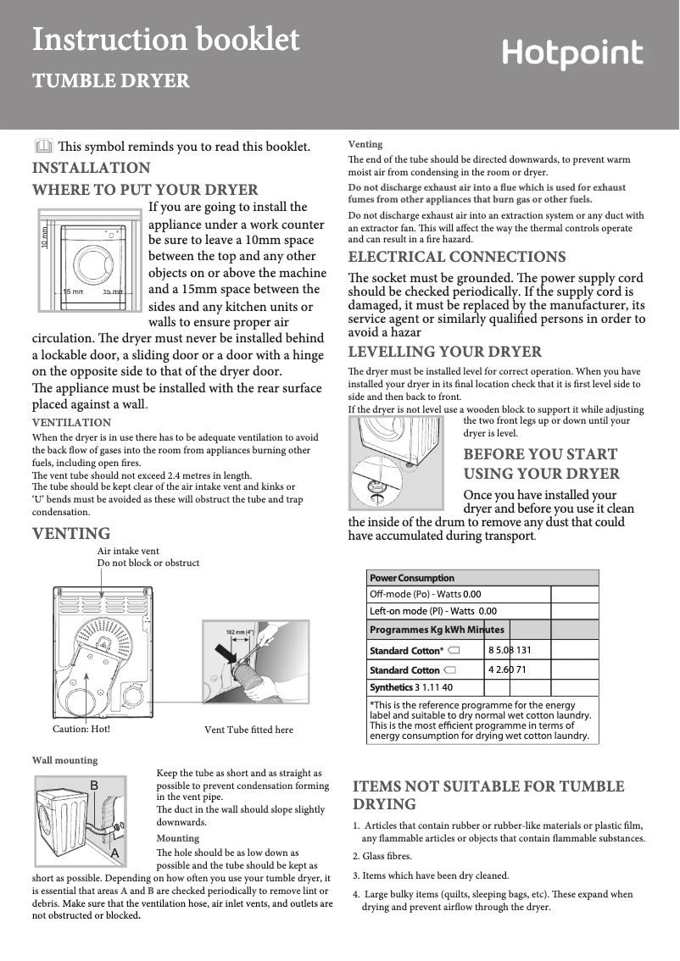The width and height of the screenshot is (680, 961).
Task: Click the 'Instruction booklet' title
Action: (x=165, y=39)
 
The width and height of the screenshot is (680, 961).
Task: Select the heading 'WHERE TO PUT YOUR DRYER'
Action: (x=145, y=190)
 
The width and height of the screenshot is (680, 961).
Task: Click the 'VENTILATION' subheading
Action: (x=71, y=422)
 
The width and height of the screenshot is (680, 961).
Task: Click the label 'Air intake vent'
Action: (x=128, y=551)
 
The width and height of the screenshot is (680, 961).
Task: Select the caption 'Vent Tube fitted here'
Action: (x=249, y=730)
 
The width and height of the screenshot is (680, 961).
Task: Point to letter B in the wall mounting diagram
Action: (x=95, y=786)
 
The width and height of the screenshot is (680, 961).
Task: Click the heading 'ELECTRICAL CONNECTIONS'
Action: (x=457, y=257)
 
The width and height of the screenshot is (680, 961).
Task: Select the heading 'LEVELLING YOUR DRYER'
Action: (x=445, y=352)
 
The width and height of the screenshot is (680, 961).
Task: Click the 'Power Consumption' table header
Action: (x=411, y=578)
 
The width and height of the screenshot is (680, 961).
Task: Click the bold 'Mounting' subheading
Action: (x=178, y=838)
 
